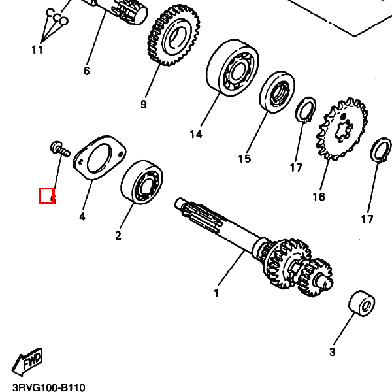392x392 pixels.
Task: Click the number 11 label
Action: coord(37,50)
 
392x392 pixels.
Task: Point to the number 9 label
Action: coord(143,104)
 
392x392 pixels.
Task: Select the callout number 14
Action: coord(196,135)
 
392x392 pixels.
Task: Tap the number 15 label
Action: coord(244,158)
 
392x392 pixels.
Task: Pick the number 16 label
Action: coord(318,197)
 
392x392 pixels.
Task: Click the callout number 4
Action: coord(82,216)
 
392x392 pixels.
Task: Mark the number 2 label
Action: coord(118,235)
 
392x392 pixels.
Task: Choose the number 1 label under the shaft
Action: coord(216,293)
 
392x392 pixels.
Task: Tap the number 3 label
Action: coord(332,352)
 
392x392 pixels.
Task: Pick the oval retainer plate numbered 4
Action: coord(97,157)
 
